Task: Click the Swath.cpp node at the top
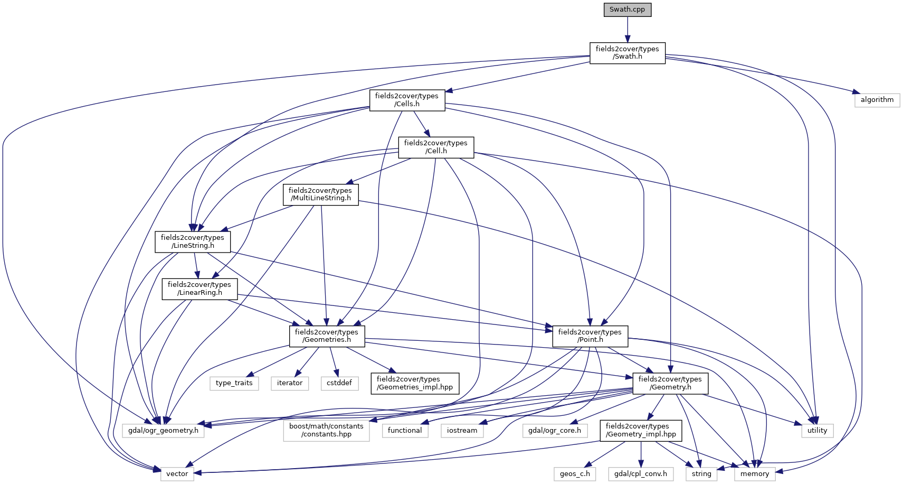click(628, 10)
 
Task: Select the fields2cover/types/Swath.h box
click(628, 53)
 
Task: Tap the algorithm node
click(877, 100)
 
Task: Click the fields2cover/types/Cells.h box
click(407, 100)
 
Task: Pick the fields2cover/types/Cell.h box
click(436, 147)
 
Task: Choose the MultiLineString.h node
click(320, 194)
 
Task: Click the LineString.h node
click(193, 241)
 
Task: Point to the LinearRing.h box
click(199, 288)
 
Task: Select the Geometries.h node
click(327, 336)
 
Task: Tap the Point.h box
click(590, 336)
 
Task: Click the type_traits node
click(234, 383)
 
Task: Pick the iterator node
click(290, 383)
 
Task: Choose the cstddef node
click(339, 383)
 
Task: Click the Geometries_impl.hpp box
click(415, 383)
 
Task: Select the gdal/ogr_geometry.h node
click(163, 431)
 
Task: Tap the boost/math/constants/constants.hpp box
click(326, 430)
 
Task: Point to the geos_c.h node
click(575, 474)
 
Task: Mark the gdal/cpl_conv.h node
click(641, 474)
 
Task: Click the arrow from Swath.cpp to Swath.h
click(628, 30)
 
